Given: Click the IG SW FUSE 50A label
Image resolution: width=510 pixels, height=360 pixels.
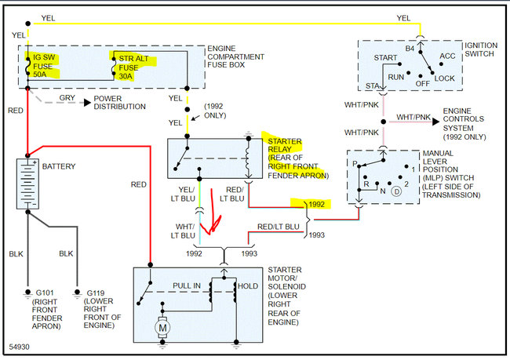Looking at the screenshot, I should pyautogui.click(x=42, y=67).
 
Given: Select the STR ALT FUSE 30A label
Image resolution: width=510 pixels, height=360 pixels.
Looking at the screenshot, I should pyautogui.click(x=129, y=67).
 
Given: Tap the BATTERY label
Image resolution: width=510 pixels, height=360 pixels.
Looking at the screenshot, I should pyautogui.click(x=60, y=167).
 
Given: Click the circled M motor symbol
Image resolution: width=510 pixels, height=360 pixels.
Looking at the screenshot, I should pyautogui.click(x=164, y=325).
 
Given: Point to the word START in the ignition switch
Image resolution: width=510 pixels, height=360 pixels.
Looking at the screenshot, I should pyautogui.click(x=386, y=58).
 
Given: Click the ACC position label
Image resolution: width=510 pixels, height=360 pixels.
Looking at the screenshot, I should pyautogui.click(x=447, y=56).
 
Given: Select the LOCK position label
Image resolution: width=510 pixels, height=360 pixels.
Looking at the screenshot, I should pyautogui.click(x=444, y=78).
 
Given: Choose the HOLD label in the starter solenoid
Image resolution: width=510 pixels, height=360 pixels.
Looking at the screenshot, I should pyautogui.click(x=248, y=285).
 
